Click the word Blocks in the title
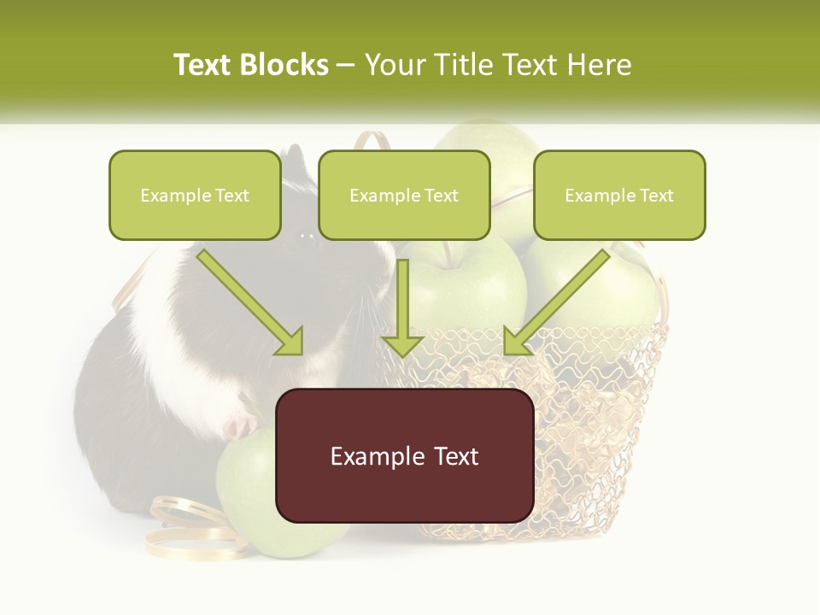coord(284,65)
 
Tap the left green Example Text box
coord(195,195)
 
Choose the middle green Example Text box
coord(404,195)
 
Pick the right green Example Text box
coord(619,195)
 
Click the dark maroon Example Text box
coord(404,455)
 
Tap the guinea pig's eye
coord(305,242)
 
